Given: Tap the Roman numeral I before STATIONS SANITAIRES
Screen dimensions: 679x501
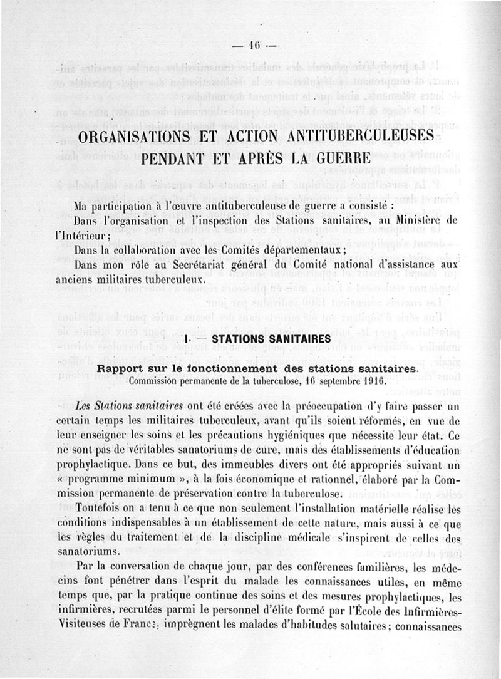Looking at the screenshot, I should click(188, 339).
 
